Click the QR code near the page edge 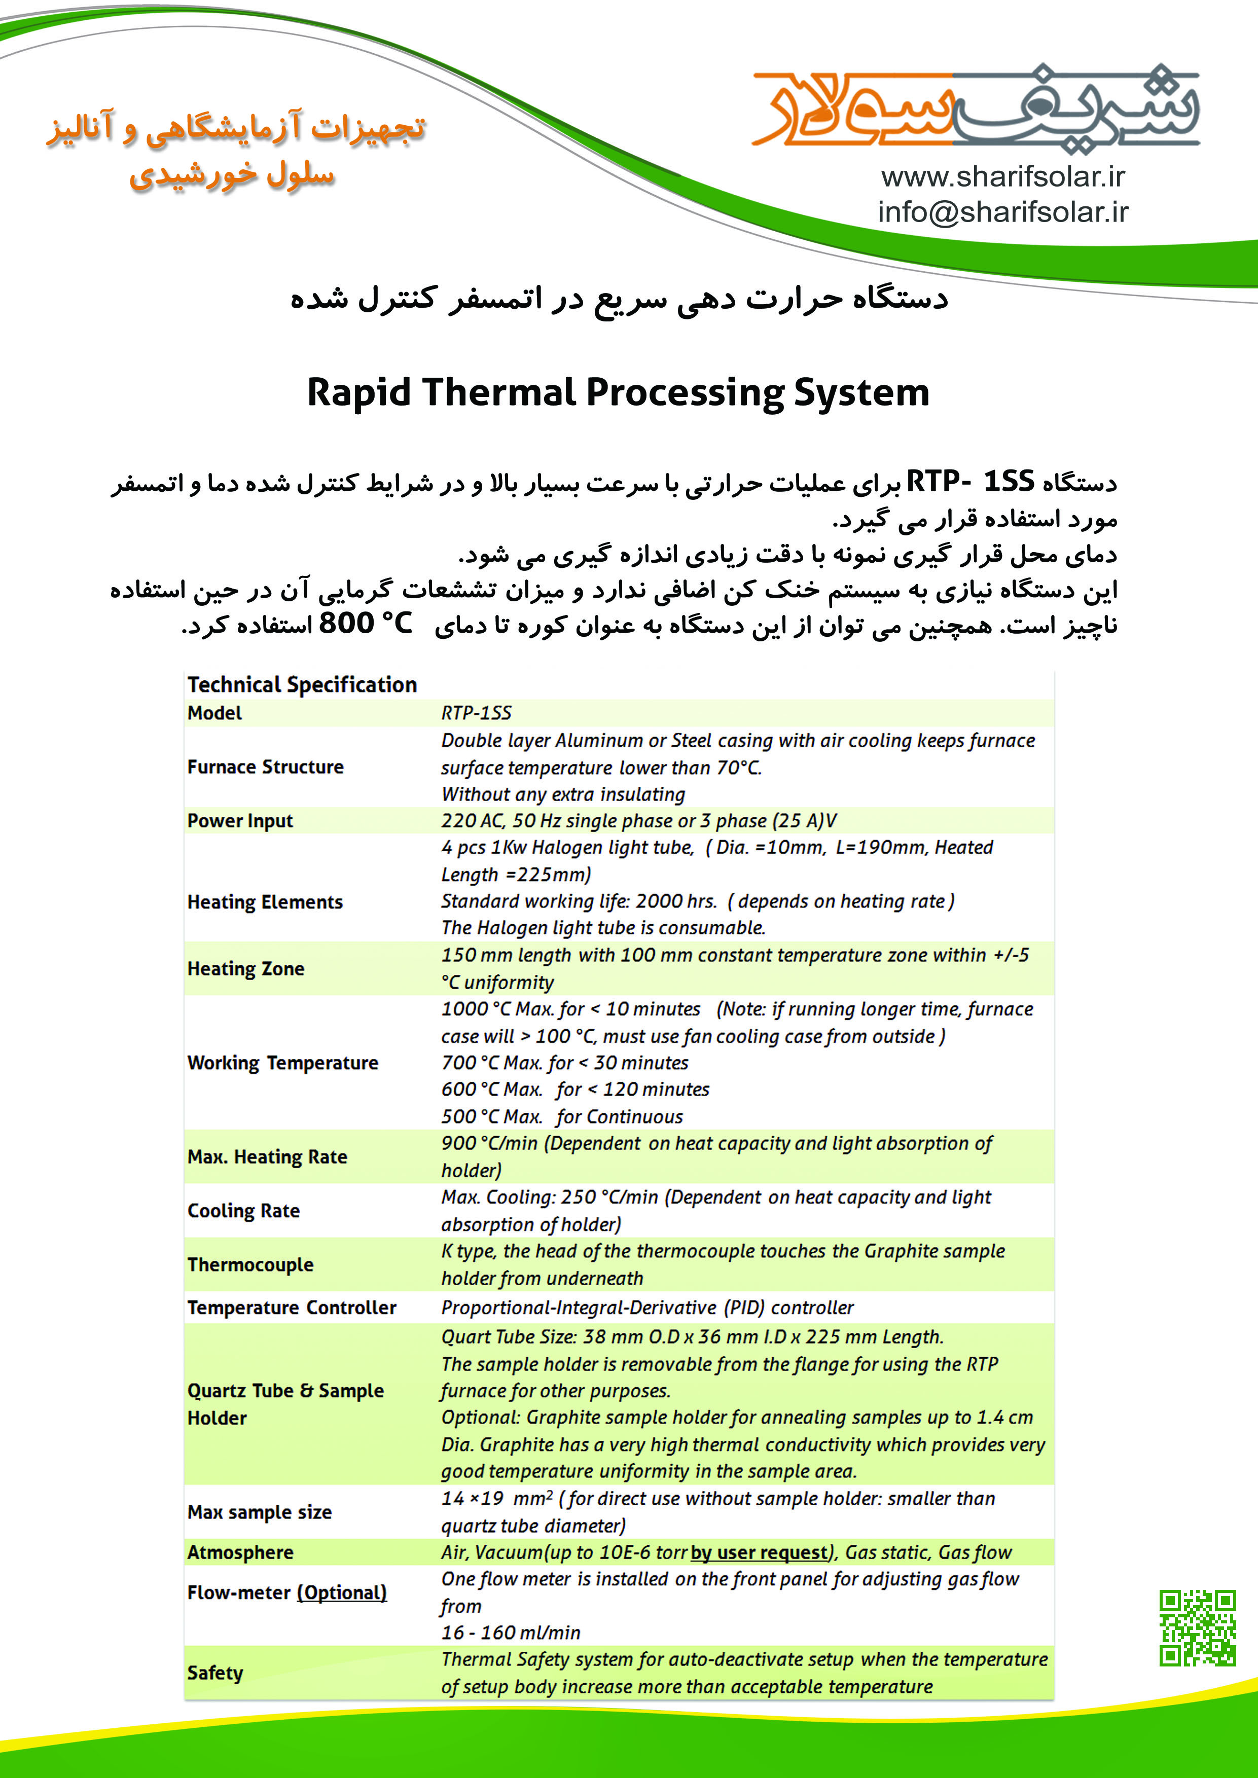point(1197,1628)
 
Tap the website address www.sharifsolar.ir point(1002,177)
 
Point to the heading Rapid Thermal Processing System point(618,392)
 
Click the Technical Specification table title point(302,684)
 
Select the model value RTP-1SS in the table point(477,713)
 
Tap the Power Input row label point(240,821)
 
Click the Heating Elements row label point(265,902)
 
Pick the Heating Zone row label point(245,969)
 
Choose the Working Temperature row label point(283,1063)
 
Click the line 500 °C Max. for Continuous point(562,1117)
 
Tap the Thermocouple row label point(250,1264)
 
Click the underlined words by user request point(759,1553)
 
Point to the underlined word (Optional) point(342,1593)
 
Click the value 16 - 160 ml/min point(511,1632)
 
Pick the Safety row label point(215,1673)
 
